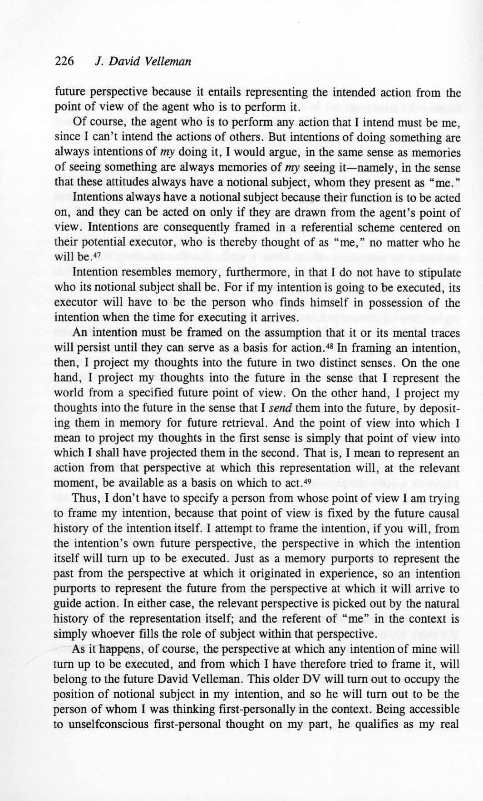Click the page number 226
[x=64, y=61]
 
